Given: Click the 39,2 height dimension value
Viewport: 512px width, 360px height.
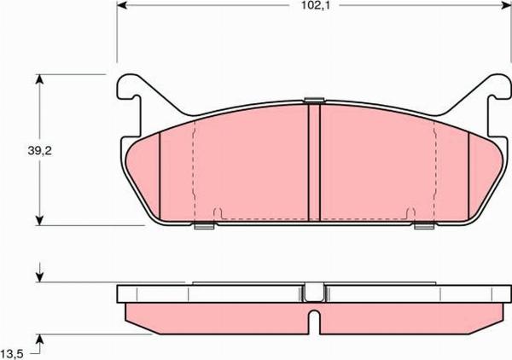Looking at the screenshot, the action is (39, 151).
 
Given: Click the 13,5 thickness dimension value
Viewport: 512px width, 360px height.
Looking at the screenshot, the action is (12, 355).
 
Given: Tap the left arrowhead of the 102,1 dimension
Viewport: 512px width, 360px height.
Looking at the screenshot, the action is (122, 5).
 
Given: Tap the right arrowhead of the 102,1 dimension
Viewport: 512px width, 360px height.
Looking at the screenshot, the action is (505, 5).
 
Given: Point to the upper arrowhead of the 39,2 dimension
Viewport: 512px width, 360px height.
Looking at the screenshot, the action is (39, 79).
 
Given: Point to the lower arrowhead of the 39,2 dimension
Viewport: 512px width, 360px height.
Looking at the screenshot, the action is (39, 220).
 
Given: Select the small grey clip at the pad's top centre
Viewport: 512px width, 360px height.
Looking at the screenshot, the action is (314, 100).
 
